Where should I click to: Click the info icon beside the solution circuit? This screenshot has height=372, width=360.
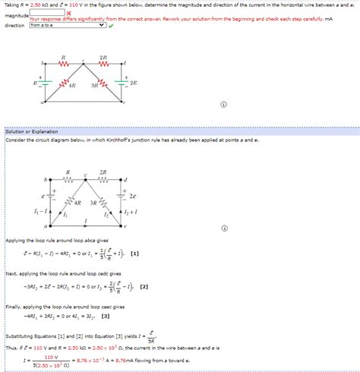point(224,228)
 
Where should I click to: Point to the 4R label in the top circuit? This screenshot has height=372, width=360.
point(72,87)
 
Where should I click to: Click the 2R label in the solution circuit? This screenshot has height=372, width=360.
point(103,173)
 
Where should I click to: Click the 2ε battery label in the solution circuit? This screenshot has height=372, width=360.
point(132,196)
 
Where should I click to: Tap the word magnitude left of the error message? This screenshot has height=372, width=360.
point(15,16)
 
